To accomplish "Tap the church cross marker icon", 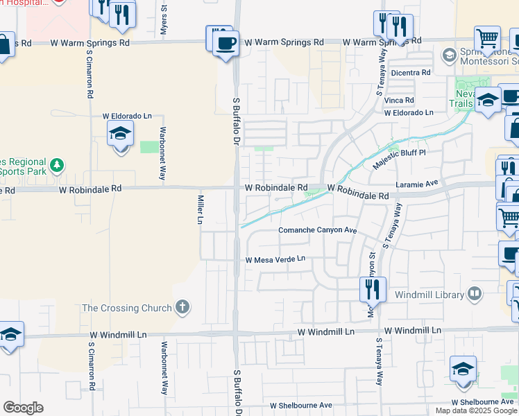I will tap(182, 307).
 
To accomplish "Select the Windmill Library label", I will tap(429, 295).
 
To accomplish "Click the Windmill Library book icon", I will tap(475, 294).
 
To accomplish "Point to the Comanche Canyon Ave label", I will tap(317, 230).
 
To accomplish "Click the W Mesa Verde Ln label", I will tap(275, 259).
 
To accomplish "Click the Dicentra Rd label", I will tap(411, 72).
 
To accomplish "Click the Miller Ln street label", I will tap(200, 209).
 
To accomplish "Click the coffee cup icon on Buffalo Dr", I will tap(223, 43).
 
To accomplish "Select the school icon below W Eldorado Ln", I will tap(120, 134).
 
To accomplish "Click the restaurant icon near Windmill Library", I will tap(373, 288).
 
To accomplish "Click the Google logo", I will tap(23, 407).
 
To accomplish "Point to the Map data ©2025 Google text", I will tap(476, 410).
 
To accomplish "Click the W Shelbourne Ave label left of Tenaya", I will tap(301, 405).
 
